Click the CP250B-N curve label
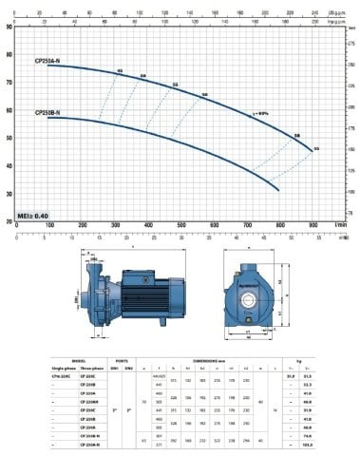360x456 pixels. click(x=49, y=112)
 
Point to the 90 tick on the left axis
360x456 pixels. click(x=9, y=27)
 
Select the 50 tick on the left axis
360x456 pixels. click(x=9, y=137)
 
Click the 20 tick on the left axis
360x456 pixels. click(x=9, y=220)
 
